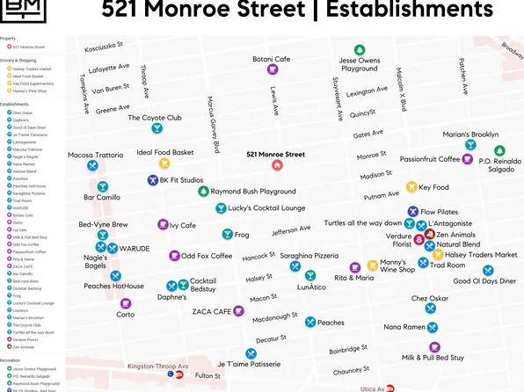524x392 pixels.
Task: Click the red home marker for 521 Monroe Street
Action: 277,164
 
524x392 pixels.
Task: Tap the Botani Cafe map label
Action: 271,59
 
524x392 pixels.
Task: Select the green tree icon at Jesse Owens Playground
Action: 359,50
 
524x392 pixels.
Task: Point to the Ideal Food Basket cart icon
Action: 164,163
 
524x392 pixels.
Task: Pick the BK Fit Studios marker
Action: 152,180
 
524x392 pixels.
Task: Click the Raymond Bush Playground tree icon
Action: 203,191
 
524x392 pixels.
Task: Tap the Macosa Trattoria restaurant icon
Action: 92,165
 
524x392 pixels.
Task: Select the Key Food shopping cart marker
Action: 411,187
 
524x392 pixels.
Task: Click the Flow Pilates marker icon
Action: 412,212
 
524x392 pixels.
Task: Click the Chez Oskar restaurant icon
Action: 430,308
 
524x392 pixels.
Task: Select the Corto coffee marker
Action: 126,303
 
